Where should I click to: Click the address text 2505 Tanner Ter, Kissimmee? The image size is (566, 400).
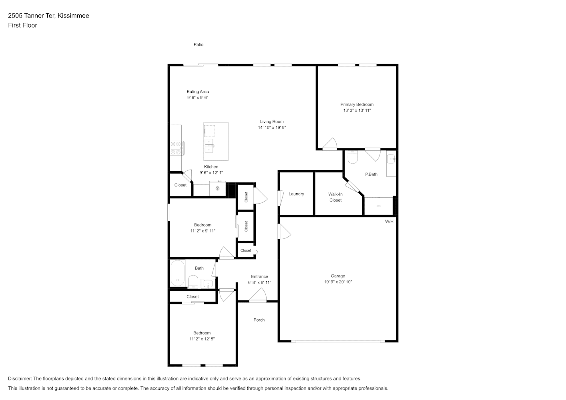48,16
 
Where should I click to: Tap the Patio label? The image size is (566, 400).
199,44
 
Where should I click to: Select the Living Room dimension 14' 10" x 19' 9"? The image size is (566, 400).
272,128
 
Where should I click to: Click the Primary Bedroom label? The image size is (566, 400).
357,104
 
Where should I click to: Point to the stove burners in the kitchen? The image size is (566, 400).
177,148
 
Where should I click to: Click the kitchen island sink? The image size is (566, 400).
209,146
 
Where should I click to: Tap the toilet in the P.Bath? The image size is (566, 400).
353,157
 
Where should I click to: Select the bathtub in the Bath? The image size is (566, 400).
178,273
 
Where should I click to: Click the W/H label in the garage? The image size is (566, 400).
389,222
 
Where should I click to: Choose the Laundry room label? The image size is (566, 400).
296,194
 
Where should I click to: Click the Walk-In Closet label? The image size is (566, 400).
335,197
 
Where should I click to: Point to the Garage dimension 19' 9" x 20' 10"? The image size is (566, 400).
338,282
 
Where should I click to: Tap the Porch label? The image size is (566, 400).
259,320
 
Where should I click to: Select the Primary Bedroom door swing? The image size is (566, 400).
330,144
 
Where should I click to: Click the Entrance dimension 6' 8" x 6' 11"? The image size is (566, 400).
259,282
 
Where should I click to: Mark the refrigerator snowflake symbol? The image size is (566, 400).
217,188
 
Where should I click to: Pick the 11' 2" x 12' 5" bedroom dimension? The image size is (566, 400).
202,339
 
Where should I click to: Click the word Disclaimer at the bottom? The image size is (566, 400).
20,378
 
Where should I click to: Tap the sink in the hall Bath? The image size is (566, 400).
208,284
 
